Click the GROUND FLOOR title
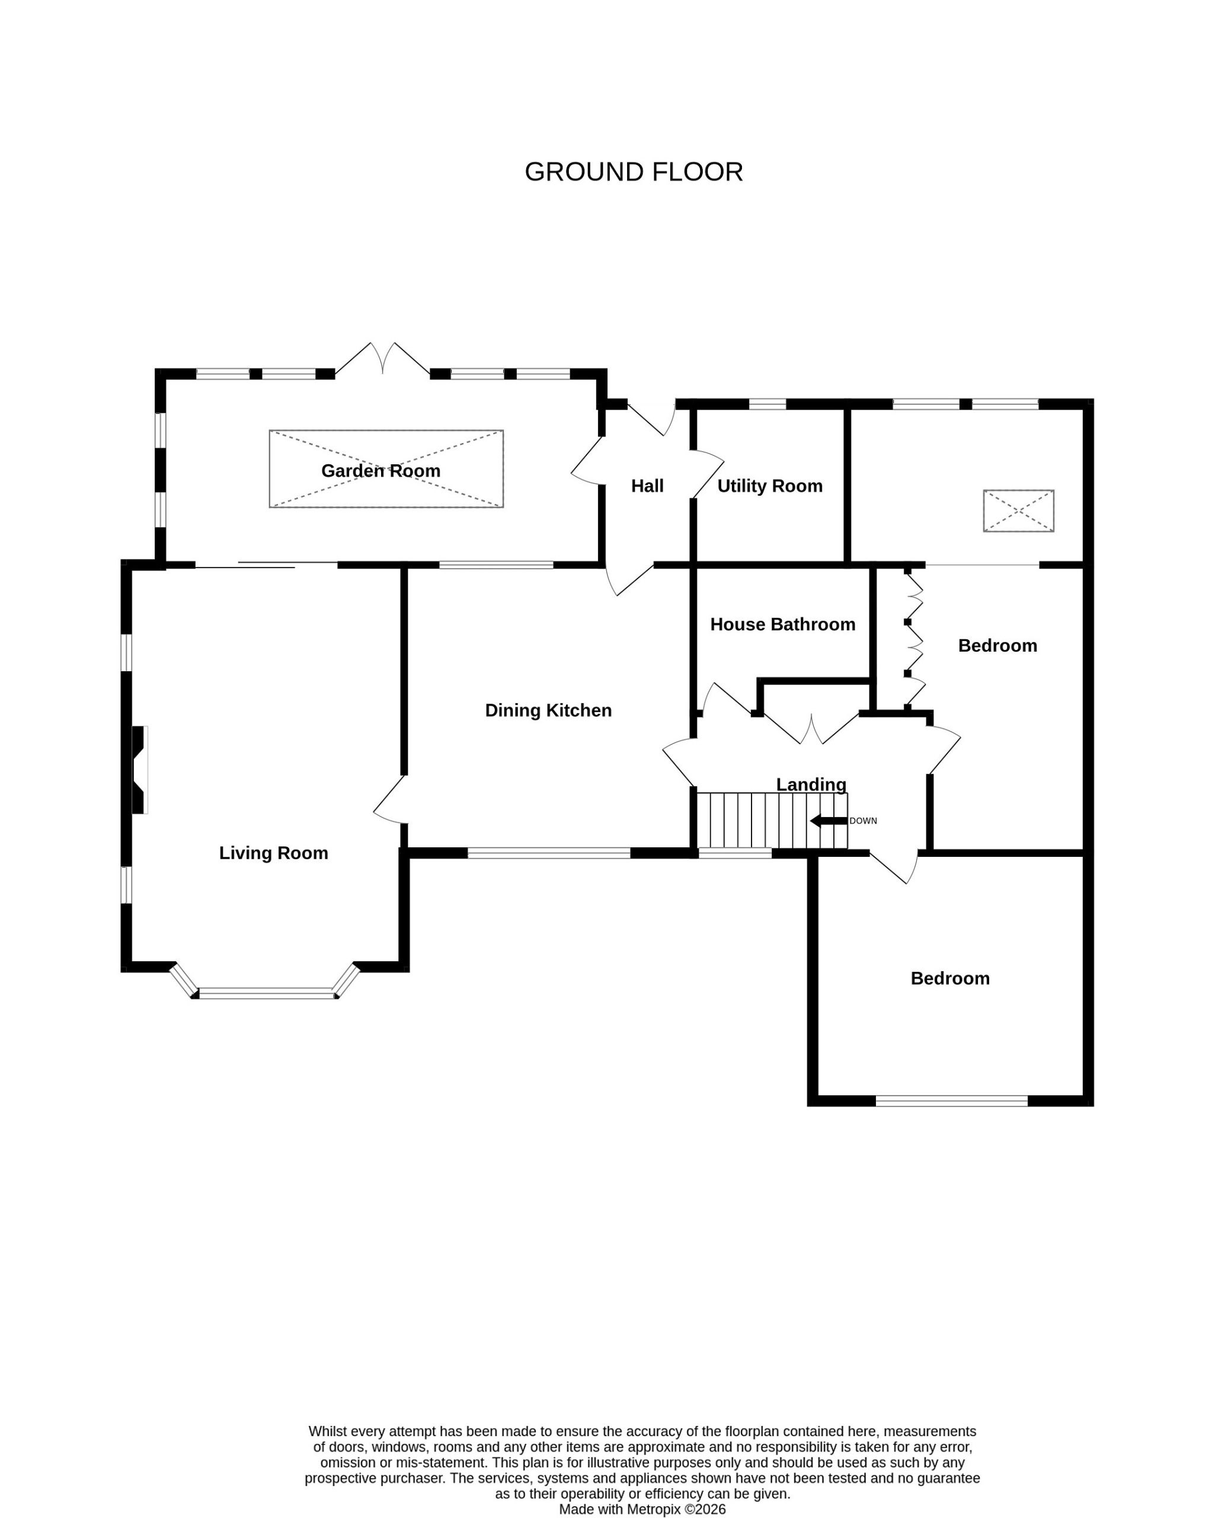pos(634,172)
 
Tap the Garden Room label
pos(381,470)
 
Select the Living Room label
pos(274,853)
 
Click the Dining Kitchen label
pos(548,710)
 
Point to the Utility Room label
pos(770,486)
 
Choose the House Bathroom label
pos(783,624)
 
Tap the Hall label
pos(648,486)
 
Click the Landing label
pos(811,784)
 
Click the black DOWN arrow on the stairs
pos(829,821)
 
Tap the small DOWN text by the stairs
pos(863,821)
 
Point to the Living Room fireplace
pos(139,770)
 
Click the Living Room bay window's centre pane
pos(266,993)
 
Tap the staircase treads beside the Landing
pos(772,821)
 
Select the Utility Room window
pos(768,404)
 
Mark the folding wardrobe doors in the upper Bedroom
pos(914,640)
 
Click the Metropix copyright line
pos(642,1510)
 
